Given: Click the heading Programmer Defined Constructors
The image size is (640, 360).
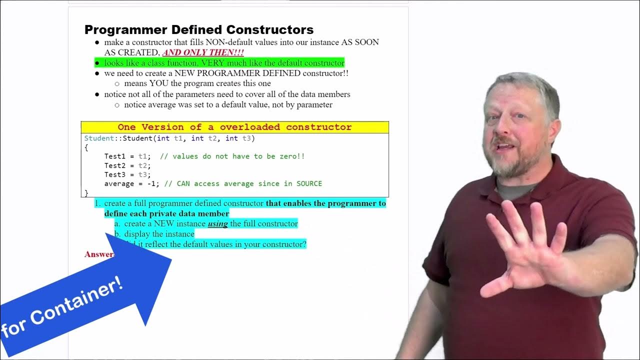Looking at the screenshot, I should coord(199,29).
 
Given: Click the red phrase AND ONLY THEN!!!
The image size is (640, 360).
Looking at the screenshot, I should coord(203,52).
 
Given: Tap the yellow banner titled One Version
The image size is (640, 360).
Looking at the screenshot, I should coord(234,127).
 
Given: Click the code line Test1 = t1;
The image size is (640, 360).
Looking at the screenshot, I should coord(127,156).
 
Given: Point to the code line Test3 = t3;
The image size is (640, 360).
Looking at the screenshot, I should coord(127,174).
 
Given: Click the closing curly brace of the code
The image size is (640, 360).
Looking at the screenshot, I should coord(86,192).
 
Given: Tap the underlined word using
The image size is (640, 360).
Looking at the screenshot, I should coord(217,223).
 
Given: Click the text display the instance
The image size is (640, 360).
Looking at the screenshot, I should coord(159,234).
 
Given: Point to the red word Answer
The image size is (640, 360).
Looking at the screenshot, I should coord(98,254).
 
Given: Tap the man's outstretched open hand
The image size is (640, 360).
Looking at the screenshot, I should coord(525,250).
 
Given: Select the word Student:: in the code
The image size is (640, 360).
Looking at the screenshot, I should coord(103,138).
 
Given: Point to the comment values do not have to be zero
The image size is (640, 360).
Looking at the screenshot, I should coord(238,156).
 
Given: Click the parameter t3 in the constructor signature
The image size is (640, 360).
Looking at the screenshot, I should coord(246,138).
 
